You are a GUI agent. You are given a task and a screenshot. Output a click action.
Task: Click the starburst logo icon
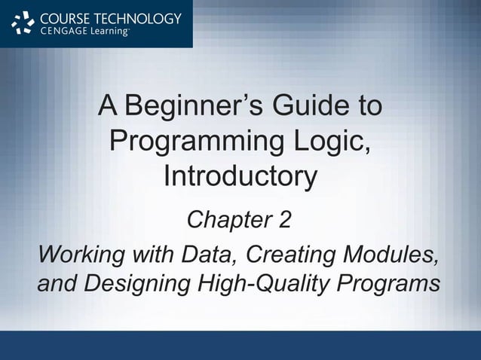(23, 24)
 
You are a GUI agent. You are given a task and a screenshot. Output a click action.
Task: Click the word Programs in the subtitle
(388, 285)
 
